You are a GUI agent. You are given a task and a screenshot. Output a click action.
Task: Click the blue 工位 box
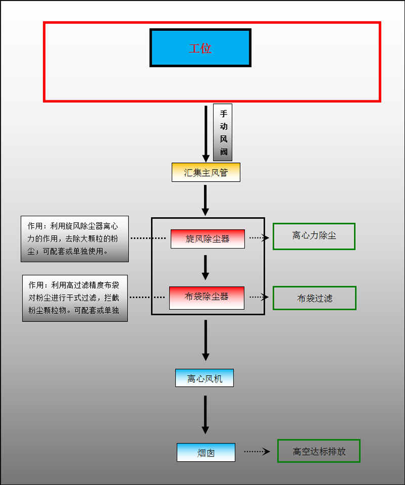200,48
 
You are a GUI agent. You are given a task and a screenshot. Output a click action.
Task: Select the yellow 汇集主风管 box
206,173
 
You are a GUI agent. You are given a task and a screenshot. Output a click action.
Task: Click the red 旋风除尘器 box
208,239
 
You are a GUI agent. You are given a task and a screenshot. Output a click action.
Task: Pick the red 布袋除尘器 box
207,298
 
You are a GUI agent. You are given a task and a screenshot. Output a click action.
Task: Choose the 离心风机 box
204,378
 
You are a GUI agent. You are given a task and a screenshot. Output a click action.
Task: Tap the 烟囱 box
206,453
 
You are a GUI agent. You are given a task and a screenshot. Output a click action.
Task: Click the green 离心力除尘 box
314,236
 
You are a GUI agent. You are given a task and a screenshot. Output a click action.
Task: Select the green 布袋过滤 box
314,298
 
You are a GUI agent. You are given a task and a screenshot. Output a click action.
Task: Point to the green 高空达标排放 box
318,451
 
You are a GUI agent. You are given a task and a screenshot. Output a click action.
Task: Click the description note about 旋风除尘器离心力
74,239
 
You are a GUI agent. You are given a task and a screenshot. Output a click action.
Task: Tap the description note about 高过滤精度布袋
75,298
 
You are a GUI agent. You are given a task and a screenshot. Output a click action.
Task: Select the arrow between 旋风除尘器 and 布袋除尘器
205,267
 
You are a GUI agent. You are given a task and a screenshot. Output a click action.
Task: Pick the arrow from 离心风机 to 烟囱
205,414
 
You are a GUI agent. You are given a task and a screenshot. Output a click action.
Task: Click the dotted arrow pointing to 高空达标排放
257,452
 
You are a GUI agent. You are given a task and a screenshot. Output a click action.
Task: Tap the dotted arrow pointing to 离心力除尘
259,237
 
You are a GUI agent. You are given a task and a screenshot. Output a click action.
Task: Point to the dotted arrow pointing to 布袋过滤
259,297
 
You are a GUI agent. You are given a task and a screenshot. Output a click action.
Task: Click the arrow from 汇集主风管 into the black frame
205,200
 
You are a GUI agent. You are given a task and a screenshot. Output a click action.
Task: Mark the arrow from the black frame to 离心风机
205,340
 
